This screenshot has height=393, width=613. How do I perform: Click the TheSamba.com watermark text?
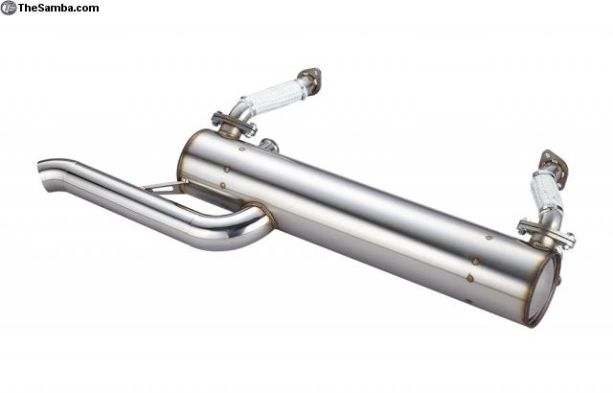pos(58,8)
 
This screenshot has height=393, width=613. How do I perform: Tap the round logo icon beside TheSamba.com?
pos(9,8)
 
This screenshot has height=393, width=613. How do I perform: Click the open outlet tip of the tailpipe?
pos(44,175)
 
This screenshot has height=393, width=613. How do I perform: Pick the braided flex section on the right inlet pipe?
pos(546,194)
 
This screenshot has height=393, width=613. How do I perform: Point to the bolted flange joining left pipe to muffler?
pos(234,124)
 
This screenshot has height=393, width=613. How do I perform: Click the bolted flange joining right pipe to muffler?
pos(546,233)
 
